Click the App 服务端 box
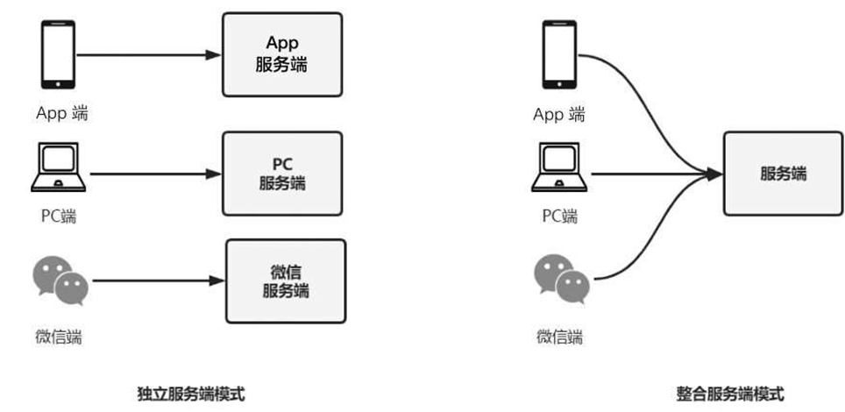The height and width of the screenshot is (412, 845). [x=282, y=54]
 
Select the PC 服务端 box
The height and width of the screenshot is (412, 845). [x=282, y=174]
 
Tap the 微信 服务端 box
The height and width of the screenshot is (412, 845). [x=287, y=281]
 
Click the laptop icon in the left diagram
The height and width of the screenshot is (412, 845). [x=59, y=167]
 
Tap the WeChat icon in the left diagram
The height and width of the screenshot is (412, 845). [x=60, y=279]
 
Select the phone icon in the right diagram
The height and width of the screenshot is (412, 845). [x=558, y=54]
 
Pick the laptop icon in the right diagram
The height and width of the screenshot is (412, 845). [x=560, y=167]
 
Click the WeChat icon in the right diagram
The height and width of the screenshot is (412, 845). [x=561, y=279]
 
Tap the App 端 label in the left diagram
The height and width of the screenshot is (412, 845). [x=61, y=113]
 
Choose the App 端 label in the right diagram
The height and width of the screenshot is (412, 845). [x=560, y=114]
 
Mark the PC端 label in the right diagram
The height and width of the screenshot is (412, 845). [x=560, y=216]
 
